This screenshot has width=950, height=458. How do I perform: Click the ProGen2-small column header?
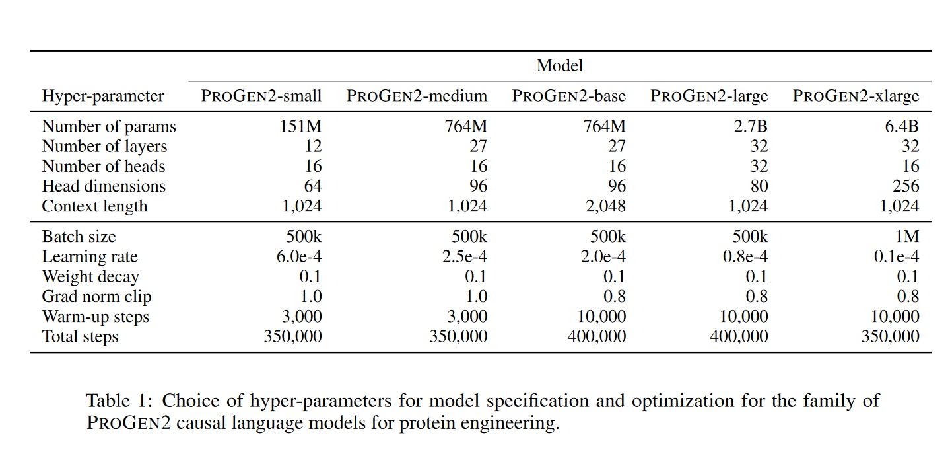pyautogui.click(x=261, y=96)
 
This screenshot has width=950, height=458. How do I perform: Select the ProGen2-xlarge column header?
pyautogui.click(x=856, y=96)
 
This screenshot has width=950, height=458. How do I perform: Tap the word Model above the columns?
pyautogui.click(x=560, y=66)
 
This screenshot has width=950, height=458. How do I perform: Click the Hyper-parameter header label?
pyautogui.click(x=103, y=96)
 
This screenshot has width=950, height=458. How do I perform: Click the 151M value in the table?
pyautogui.click(x=301, y=126)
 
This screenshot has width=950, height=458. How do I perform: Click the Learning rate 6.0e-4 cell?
pyautogui.click(x=299, y=256)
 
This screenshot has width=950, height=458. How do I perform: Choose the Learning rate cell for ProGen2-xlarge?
pyautogui.click(x=896, y=256)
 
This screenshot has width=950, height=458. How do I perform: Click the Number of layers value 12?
pyautogui.click(x=313, y=146)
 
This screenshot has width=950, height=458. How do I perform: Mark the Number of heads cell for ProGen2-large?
pyautogui.click(x=759, y=167)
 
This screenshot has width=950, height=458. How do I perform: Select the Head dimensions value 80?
pyautogui.click(x=759, y=186)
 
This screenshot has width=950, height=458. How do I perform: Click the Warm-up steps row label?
pyautogui.click(x=96, y=317)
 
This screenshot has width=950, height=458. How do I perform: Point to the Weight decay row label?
pyautogui.click(x=90, y=277)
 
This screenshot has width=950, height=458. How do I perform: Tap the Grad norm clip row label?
pyautogui.click(x=96, y=297)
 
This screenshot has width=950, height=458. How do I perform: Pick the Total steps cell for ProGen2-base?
pyautogui.click(x=596, y=336)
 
